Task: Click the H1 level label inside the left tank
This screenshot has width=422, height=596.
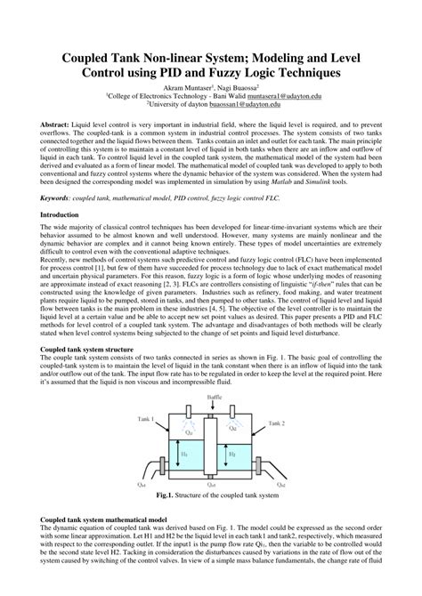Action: coord(183,454)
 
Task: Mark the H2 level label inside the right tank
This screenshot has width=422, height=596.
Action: coord(232,454)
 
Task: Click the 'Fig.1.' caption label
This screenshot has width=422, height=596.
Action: coord(164,495)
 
